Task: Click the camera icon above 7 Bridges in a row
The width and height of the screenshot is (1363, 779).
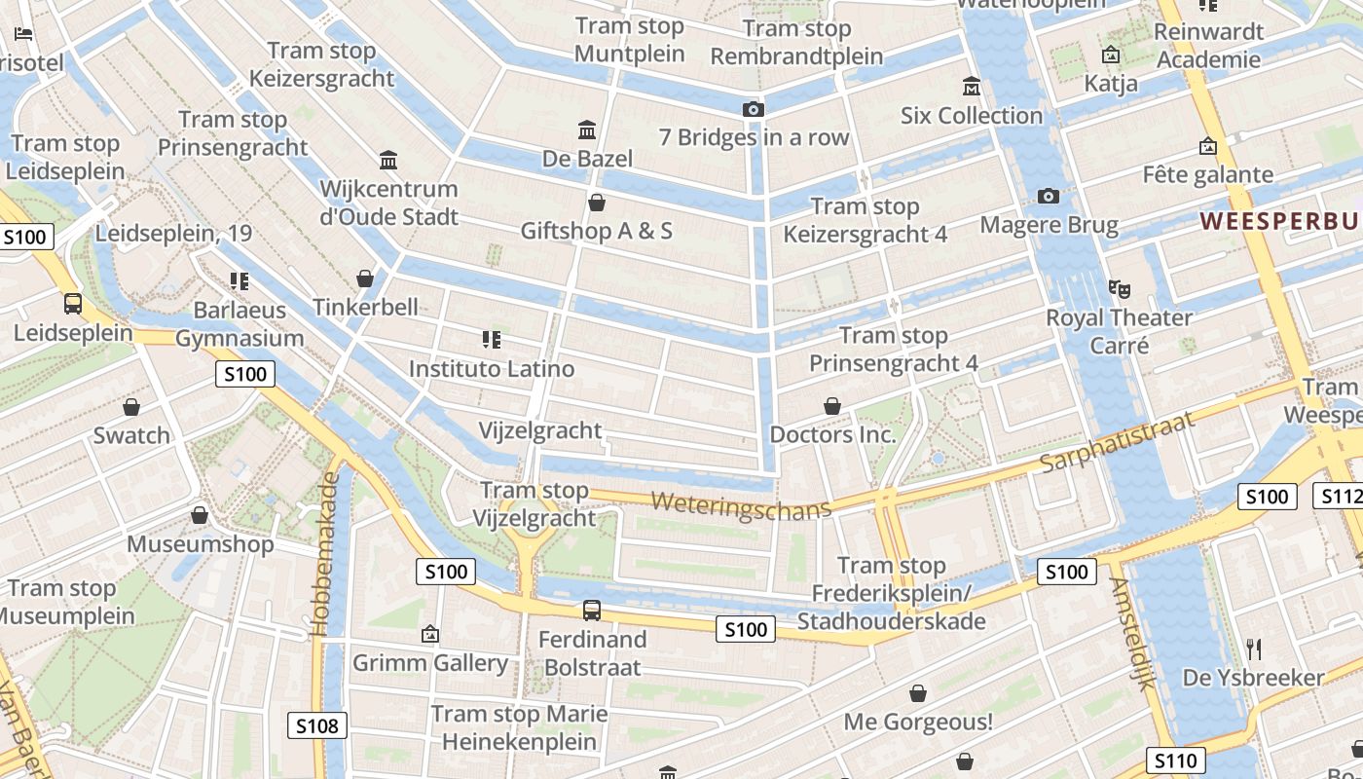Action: point(753,109)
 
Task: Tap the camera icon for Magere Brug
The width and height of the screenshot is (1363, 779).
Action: point(1049,196)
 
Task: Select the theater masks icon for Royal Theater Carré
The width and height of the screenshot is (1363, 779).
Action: point(1119,288)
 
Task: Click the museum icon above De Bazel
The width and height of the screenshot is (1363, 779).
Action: point(587,130)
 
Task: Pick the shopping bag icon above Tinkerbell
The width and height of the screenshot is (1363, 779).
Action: point(365,278)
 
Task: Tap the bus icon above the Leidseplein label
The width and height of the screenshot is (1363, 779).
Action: point(73,303)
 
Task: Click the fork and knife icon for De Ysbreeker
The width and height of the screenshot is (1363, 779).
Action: point(1254,649)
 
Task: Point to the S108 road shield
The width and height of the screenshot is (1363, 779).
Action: point(317,724)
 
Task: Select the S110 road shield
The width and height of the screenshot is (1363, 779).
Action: point(1176,760)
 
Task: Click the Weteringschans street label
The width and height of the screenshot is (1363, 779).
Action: point(741,506)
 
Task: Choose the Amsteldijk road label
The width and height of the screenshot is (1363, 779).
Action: point(1131,632)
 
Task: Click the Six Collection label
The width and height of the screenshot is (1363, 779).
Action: point(971,115)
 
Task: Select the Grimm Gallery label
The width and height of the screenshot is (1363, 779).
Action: point(430,663)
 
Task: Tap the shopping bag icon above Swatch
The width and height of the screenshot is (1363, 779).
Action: point(131,406)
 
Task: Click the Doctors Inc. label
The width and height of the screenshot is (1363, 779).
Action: point(832,434)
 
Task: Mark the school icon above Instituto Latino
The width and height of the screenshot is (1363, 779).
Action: point(492,340)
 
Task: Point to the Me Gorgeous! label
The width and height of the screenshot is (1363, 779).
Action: point(917,722)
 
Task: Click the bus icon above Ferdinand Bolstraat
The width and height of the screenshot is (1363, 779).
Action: point(592,611)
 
